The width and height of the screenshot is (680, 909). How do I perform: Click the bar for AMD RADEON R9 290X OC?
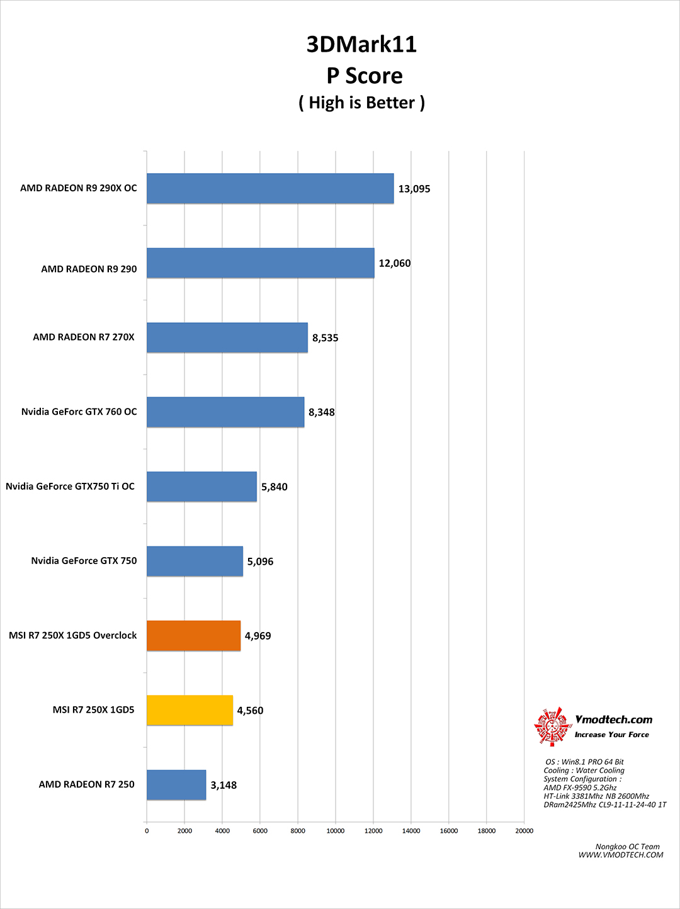(x=270, y=189)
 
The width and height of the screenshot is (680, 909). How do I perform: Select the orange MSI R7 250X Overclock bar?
(x=193, y=636)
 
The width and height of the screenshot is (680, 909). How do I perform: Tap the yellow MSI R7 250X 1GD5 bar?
(x=190, y=710)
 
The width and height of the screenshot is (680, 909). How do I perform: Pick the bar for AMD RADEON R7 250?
(x=176, y=785)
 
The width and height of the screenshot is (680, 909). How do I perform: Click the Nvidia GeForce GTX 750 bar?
(x=195, y=562)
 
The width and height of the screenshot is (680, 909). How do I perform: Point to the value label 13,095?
(x=414, y=189)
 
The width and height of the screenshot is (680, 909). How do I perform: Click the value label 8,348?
(x=322, y=412)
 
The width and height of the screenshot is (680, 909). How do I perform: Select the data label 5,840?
(x=275, y=487)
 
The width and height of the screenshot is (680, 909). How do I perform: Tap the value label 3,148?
(x=224, y=785)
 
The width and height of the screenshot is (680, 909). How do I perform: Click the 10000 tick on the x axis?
(x=336, y=831)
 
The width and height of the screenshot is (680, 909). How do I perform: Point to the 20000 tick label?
(x=524, y=831)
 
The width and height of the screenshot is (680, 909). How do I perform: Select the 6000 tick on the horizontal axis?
(x=260, y=831)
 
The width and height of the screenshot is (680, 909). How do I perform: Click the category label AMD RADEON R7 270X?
(x=84, y=337)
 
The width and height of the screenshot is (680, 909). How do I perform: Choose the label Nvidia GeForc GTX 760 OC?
(x=79, y=412)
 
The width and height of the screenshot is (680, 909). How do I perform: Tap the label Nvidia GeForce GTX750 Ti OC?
(x=70, y=487)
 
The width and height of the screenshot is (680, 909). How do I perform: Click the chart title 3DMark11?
(x=361, y=45)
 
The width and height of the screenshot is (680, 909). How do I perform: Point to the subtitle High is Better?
(x=361, y=103)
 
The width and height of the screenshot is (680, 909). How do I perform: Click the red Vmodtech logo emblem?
(x=552, y=726)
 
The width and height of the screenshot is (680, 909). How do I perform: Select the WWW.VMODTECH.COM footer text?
(x=621, y=855)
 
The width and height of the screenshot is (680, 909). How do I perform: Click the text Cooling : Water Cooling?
(x=584, y=771)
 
